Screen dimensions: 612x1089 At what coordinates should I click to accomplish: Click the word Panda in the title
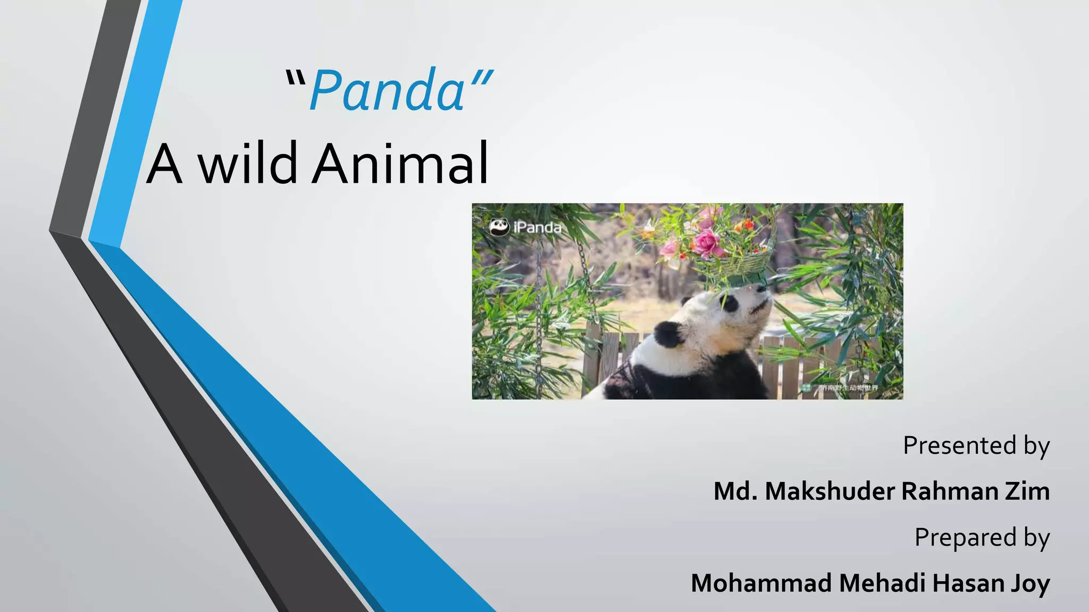387,91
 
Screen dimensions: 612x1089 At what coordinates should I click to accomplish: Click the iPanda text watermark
537,228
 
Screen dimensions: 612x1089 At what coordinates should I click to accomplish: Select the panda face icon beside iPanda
499,227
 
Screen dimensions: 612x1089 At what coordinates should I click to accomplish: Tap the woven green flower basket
744,263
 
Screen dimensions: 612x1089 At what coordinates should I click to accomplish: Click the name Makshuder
830,491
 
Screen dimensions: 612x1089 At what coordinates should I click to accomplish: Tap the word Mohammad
761,583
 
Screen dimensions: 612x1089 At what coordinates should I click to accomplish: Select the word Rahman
950,491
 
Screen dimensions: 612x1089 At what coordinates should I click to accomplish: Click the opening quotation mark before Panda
296,80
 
